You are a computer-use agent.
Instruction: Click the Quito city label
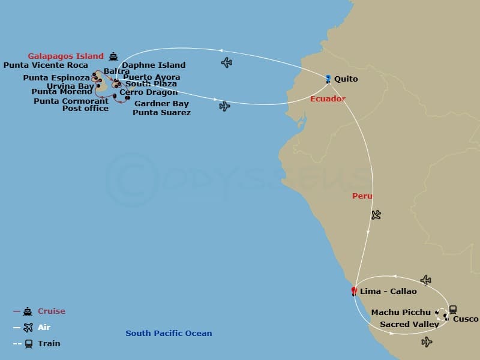pyautogui.click(x=346, y=79)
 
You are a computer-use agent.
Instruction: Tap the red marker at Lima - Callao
pyautogui.click(x=354, y=291)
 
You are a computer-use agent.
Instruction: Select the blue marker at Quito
pyautogui.click(x=328, y=78)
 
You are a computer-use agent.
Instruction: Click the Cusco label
pyautogui.click(x=466, y=319)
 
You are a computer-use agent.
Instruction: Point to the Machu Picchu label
pyautogui.click(x=401, y=313)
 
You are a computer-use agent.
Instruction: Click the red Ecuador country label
pyautogui.click(x=328, y=99)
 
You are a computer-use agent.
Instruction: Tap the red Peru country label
pyautogui.click(x=362, y=196)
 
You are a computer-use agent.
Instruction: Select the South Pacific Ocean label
pyautogui.click(x=169, y=334)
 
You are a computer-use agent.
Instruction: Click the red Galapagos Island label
pyautogui.click(x=65, y=56)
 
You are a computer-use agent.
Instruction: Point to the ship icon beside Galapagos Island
pyautogui.click(x=114, y=57)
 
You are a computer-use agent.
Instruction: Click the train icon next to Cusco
pyautogui.click(x=452, y=310)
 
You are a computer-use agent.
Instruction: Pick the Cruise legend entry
pyautogui.click(x=52, y=311)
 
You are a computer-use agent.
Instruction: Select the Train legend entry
pyautogui.click(x=49, y=344)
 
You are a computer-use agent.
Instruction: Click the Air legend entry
pyautogui.click(x=44, y=328)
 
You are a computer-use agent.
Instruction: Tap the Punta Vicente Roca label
pyautogui.click(x=46, y=65)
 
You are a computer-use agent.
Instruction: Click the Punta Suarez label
pyautogui.click(x=161, y=113)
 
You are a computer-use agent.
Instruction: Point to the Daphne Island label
pyautogui.click(x=154, y=65)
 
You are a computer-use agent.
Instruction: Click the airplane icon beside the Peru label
pyautogui.click(x=376, y=214)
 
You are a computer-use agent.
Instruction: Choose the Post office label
pyautogui.click(x=85, y=109)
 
